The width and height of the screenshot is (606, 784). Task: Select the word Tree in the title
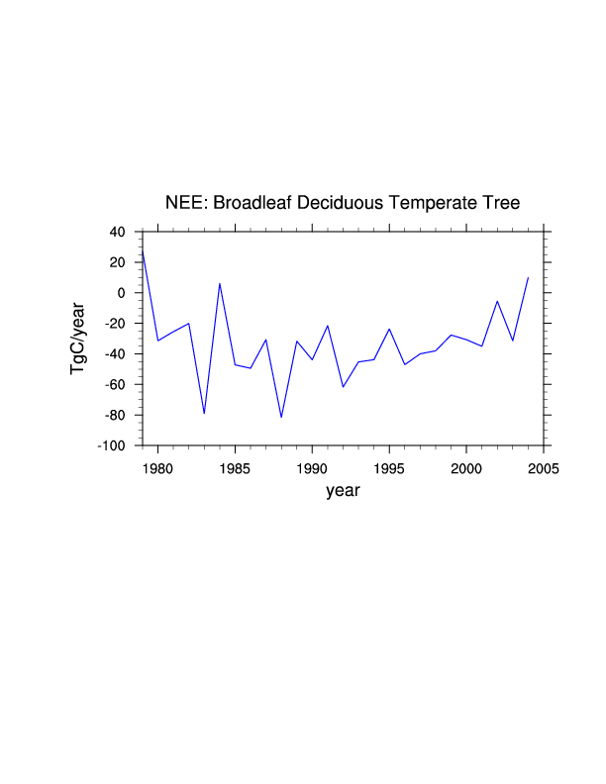(x=501, y=203)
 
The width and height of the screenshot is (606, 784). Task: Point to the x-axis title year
(x=343, y=491)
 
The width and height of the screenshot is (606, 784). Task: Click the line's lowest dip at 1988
(x=281, y=417)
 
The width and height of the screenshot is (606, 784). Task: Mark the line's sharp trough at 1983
(x=204, y=413)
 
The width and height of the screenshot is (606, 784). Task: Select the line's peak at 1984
(x=220, y=284)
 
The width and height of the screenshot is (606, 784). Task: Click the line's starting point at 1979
(x=143, y=251)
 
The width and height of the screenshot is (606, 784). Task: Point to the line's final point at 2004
(x=528, y=278)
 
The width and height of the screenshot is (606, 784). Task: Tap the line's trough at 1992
(x=343, y=386)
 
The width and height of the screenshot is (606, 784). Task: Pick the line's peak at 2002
(x=497, y=301)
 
